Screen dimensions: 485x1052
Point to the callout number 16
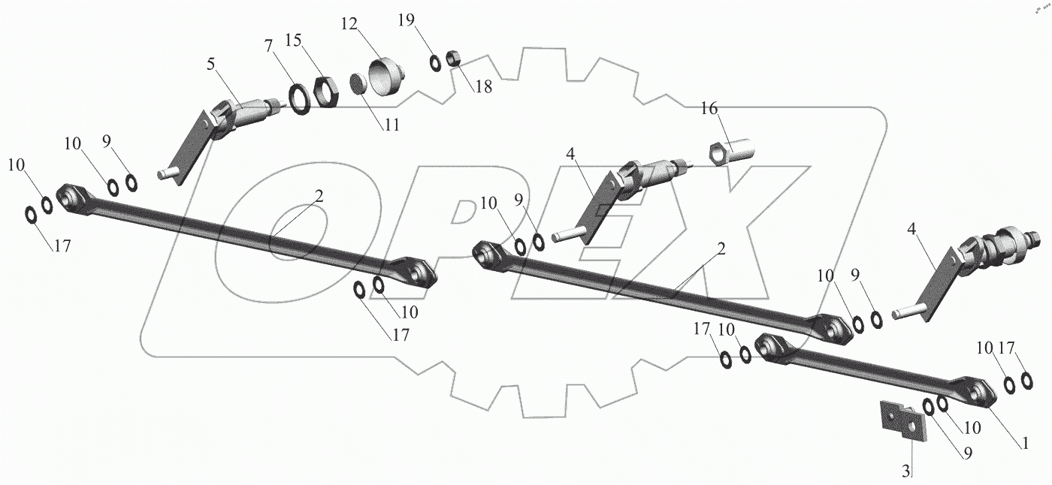[709, 109]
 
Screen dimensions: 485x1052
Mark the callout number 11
[391, 125]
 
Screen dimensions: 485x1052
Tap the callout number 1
[1024, 443]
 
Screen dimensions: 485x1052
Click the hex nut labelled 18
[453, 57]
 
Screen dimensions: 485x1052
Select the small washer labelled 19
[436, 63]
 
